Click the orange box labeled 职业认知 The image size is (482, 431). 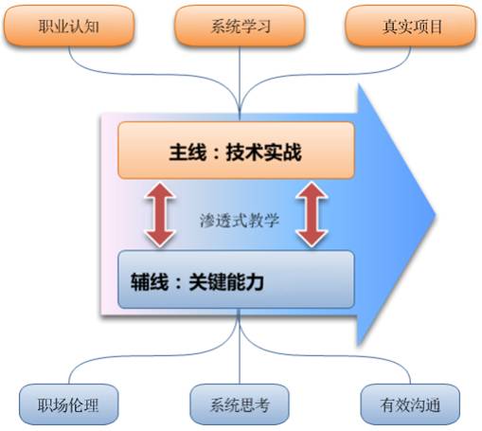click(69, 26)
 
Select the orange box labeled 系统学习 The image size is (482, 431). click(240, 26)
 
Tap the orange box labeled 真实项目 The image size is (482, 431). click(410, 26)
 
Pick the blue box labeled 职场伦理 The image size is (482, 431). click(68, 404)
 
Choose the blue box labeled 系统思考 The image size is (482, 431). click(240, 404)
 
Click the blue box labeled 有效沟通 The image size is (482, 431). click(410, 404)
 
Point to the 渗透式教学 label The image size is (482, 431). click(240, 220)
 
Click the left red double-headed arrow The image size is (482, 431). click(160, 215)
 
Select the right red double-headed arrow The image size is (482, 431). click(312, 215)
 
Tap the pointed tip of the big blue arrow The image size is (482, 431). click(436, 215)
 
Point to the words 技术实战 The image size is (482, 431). click(264, 153)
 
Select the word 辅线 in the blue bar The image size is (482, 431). click(150, 281)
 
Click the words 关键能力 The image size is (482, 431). click(226, 281)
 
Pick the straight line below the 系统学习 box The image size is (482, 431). click(240, 83)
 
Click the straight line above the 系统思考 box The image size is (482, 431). click(240, 347)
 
